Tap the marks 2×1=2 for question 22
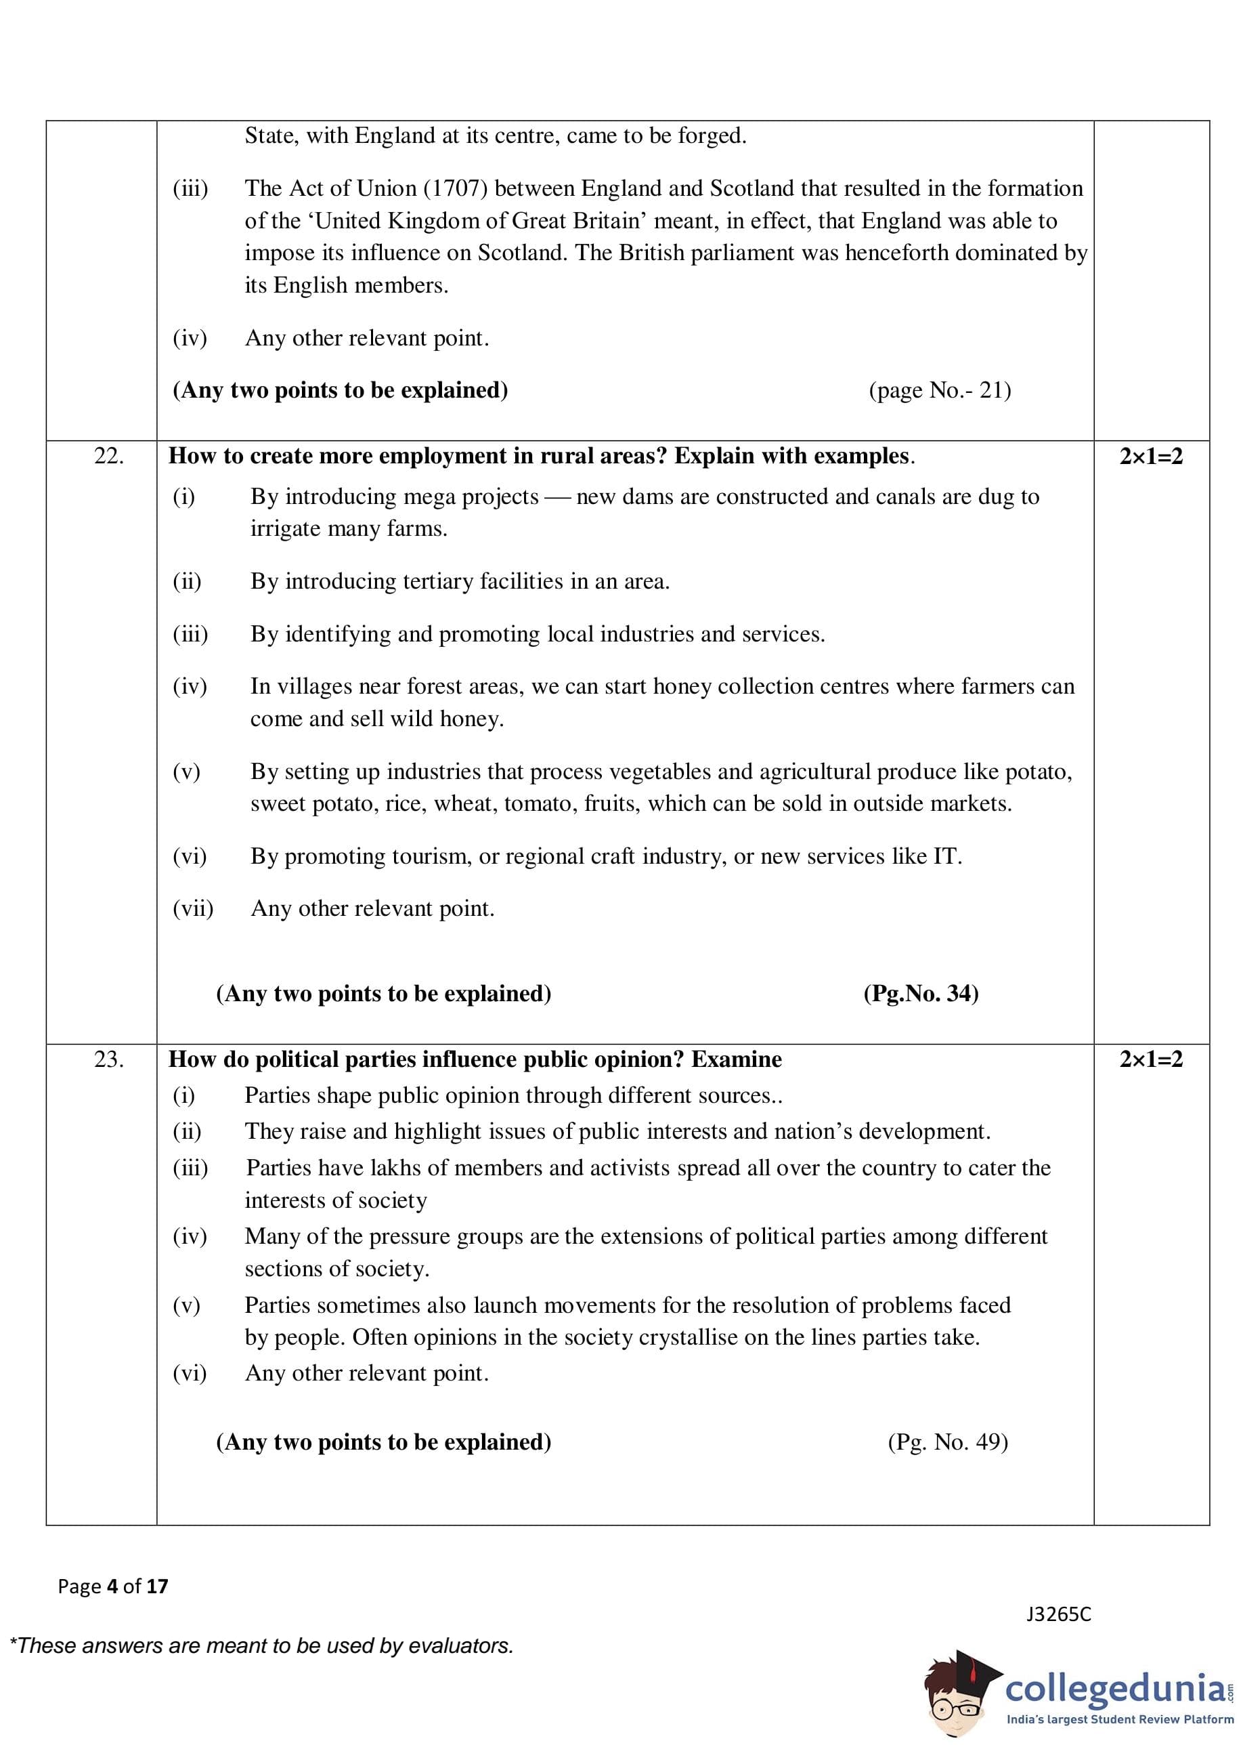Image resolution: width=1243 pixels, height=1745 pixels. (1150, 457)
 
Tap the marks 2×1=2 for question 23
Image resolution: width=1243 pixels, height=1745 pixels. (1150, 1059)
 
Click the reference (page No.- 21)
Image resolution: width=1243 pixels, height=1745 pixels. (940, 390)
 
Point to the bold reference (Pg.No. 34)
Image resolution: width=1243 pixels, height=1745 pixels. (921, 994)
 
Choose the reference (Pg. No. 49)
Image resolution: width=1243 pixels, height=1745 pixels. (948, 1443)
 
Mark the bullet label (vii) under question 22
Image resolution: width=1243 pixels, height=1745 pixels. (193, 909)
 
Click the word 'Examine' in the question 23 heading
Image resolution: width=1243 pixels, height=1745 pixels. (737, 1059)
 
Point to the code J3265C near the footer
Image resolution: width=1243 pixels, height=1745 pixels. (1059, 1615)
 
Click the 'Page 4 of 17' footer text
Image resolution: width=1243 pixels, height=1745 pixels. (112, 1586)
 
